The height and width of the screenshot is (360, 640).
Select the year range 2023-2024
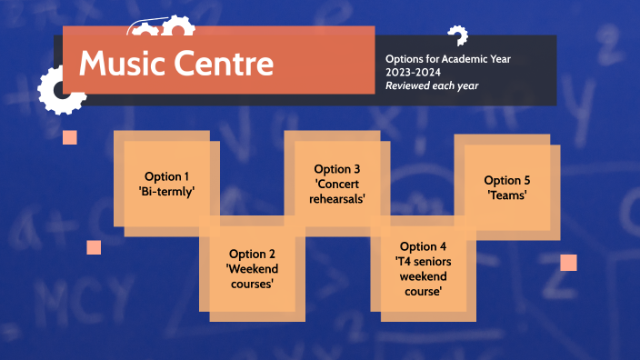pyautogui.click(x=414, y=73)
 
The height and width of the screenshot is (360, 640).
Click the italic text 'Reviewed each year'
pyautogui.click(x=432, y=85)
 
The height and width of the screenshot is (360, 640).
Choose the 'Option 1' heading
pyautogui.click(x=167, y=176)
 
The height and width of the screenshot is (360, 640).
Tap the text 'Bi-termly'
pyautogui.click(x=167, y=191)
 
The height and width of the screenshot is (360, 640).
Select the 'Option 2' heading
pyautogui.click(x=252, y=254)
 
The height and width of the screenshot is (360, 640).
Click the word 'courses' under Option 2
pyautogui.click(x=252, y=284)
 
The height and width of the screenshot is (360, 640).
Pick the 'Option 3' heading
pyautogui.click(x=337, y=169)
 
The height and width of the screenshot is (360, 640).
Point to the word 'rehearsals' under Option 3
pyautogui.click(x=337, y=199)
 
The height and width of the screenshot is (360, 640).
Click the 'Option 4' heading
pyautogui.click(x=423, y=246)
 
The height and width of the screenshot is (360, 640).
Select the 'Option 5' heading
pyautogui.click(x=507, y=180)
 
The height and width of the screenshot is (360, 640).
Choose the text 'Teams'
pyautogui.click(x=507, y=195)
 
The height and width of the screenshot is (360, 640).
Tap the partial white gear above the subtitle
pyautogui.click(x=457, y=36)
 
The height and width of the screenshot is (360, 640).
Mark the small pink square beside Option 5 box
pyautogui.click(x=568, y=263)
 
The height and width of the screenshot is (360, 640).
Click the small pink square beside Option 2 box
pyautogui.click(x=94, y=247)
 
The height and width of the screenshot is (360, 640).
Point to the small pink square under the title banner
pyautogui.click(x=70, y=137)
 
